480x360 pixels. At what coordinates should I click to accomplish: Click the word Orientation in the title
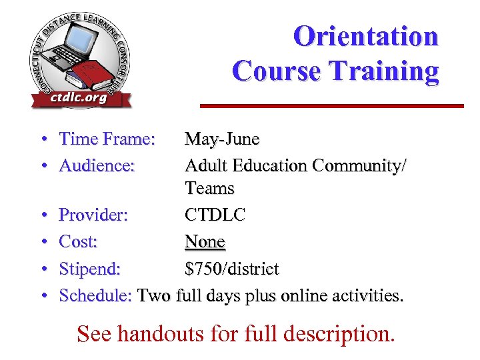click(x=365, y=36)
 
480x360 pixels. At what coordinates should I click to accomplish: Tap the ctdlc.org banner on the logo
click(x=79, y=98)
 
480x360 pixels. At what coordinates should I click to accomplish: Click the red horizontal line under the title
click(x=332, y=105)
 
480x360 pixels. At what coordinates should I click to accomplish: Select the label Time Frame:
click(x=107, y=139)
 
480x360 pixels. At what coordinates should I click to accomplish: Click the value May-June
click(x=222, y=139)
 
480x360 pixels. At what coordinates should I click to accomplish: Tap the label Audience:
click(x=97, y=165)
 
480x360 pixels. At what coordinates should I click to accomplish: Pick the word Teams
click(x=210, y=189)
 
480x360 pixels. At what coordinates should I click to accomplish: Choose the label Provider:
click(x=94, y=215)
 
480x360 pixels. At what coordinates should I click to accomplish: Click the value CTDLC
click(x=215, y=215)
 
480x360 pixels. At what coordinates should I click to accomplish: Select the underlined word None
click(x=205, y=242)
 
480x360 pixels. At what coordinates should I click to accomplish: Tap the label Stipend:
click(x=90, y=269)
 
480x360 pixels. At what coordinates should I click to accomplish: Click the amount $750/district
click(x=232, y=269)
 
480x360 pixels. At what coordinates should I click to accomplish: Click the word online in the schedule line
click(x=309, y=295)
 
